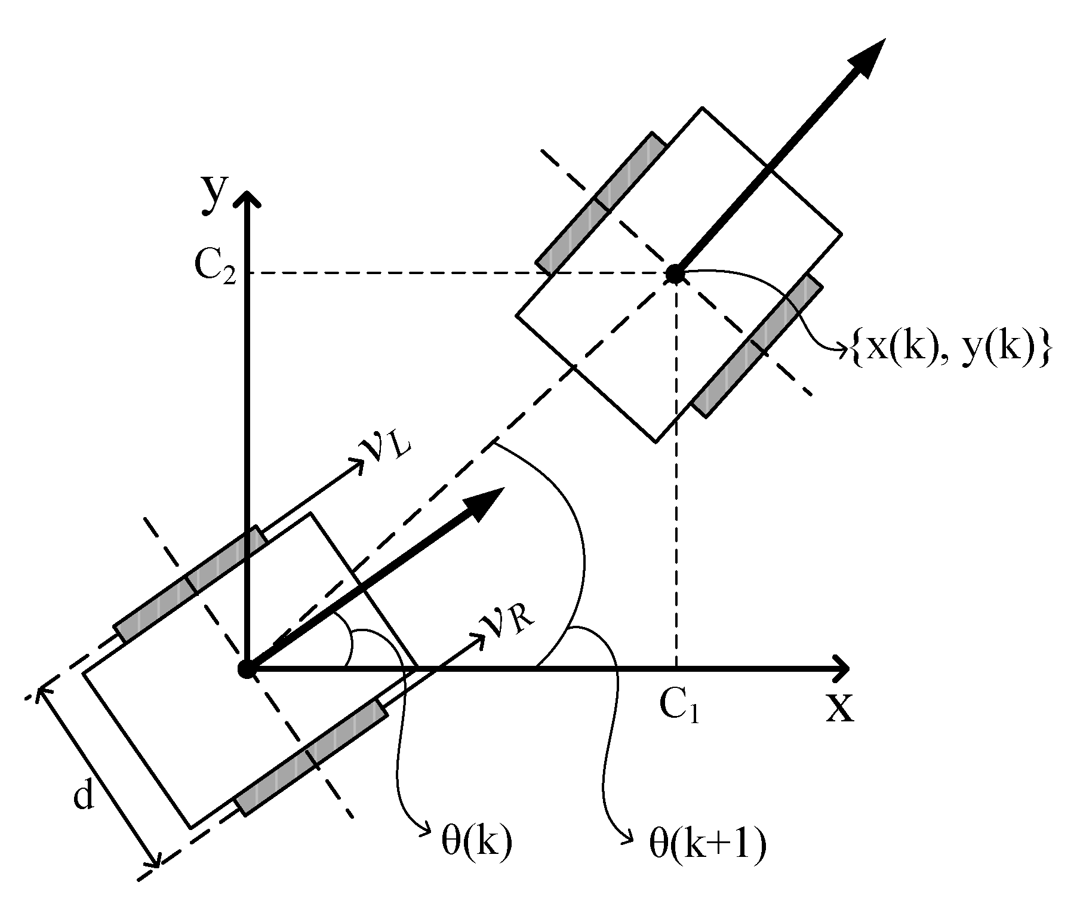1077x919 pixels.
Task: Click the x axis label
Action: (x=840, y=707)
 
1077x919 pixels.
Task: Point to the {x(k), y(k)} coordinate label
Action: (x=949, y=351)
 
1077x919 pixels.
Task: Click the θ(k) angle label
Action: (x=476, y=843)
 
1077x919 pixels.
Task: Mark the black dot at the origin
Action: (x=247, y=669)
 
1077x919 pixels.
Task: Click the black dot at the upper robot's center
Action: (x=675, y=274)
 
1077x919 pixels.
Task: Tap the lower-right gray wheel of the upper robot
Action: (x=757, y=346)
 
